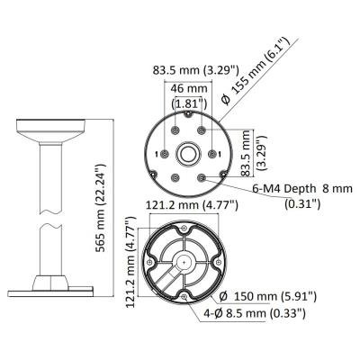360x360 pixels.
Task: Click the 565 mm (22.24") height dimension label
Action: (101, 208)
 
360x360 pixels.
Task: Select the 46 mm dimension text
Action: (189, 89)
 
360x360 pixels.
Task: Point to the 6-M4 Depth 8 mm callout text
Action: (302, 189)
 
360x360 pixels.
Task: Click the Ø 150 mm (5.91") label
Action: (268, 297)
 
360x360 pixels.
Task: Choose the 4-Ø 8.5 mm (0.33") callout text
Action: (255, 313)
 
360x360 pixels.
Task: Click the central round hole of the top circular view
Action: (188, 153)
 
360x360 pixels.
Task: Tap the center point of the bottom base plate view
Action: (184, 262)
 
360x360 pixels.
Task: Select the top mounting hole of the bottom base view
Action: (184, 229)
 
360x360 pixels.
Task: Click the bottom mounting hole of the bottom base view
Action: (184, 296)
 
